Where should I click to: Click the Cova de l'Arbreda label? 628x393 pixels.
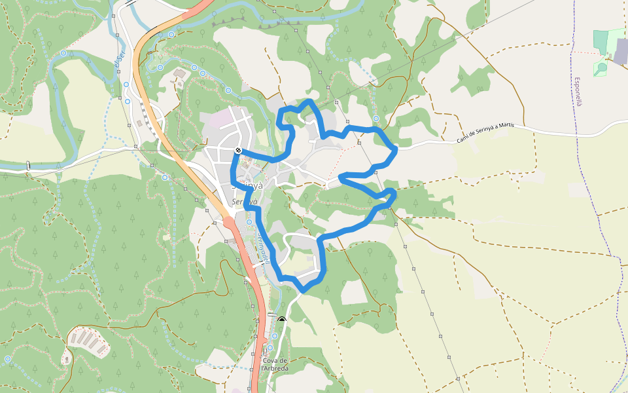click(x=275, y=364)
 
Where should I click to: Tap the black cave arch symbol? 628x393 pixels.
click(x=282, y=320)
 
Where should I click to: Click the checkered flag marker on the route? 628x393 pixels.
click(x=239, y=151)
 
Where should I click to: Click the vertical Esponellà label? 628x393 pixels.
click(x=578, y=92)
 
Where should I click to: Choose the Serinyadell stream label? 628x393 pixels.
click(x=262, y=249)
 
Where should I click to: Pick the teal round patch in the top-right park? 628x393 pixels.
click(x=602, y=67)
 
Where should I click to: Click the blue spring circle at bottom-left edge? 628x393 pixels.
click(x=7, y=359)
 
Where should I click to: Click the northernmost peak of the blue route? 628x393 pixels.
click(x=309, y=101)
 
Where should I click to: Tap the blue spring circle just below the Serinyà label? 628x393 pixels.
click(x=249, y=223)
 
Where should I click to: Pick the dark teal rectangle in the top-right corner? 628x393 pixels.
click(x=601, y=41)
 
